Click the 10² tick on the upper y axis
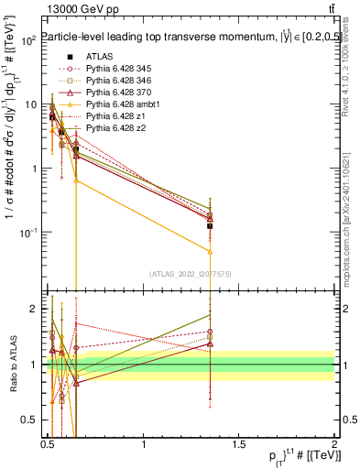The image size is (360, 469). pos(29,40)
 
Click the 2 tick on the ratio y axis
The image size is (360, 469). pos(33,309)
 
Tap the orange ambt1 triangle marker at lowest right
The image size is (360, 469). pos(211,251)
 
